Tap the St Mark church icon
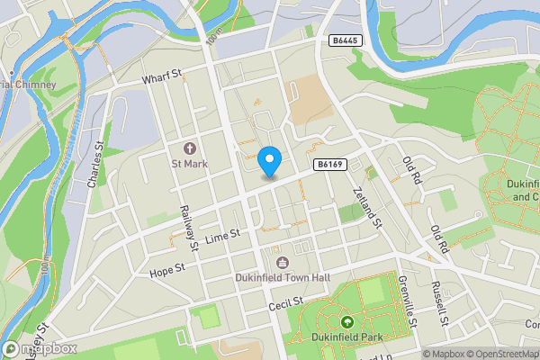(x=190, y=148)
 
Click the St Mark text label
(x=190, y=165)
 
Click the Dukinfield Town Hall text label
(x=283, y=279)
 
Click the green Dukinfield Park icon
(x=346, y=321)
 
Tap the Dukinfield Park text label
(x=346, y=337)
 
